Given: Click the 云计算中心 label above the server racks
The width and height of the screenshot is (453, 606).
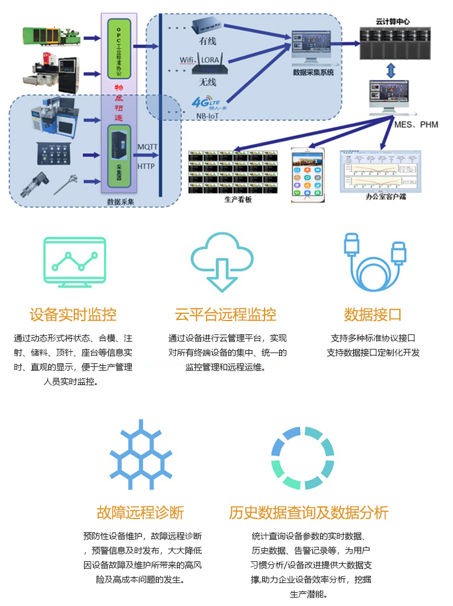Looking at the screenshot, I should pos(393,21).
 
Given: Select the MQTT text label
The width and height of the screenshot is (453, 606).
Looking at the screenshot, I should pos(148,147).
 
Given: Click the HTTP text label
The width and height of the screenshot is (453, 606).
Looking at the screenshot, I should pos(147,165).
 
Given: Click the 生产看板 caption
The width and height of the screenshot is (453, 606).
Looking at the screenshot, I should pos(237,199).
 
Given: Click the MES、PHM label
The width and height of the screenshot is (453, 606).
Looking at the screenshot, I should pos(416,124).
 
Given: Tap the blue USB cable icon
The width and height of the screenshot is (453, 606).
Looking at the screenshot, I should pos(374,261).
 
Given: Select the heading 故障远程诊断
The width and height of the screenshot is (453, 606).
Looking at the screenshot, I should pos(140,513).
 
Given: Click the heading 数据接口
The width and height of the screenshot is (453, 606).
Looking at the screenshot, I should pos(373,314).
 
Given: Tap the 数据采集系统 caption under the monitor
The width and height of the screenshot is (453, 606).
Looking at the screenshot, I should pos(313,72).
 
